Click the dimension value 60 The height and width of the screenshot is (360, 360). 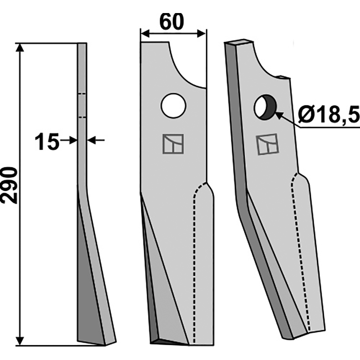click(x=172, y=22)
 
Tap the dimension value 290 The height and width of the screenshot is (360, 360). click(x=9, y=185)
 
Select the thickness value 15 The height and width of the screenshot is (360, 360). click(x=47, y=142)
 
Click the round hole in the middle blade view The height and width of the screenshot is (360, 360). click(x=173, y=106)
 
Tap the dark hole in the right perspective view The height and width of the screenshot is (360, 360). click(x=265, y=107)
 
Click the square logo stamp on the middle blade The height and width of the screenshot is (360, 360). click(x=173, y=144)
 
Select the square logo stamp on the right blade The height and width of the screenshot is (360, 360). click(x=268, y=144)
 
